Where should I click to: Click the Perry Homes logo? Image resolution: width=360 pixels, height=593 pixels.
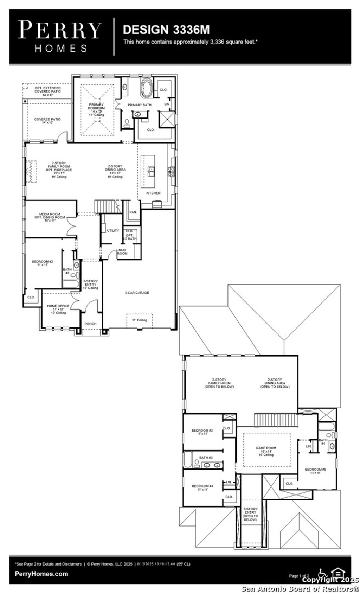point(60,37)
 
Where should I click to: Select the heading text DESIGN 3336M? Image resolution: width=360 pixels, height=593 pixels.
point(166,30)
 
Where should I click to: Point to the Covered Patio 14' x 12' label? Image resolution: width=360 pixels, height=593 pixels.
point(47,121)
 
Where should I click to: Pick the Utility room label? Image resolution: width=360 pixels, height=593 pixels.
point(113,231)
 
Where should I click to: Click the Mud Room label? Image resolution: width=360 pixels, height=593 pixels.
point(122,251)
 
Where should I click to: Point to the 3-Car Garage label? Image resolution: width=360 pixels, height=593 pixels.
point(137,292)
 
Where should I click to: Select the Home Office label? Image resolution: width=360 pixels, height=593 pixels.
point(58,309)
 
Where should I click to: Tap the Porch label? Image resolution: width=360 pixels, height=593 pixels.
point(90,324)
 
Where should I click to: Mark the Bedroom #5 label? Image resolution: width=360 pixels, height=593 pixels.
point(315,471)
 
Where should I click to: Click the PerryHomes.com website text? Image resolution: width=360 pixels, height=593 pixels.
point(41,574)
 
